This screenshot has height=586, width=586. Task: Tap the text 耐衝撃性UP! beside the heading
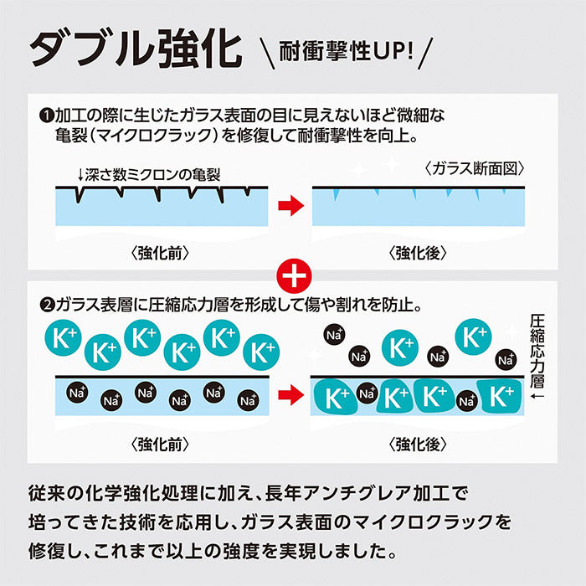pos(345,52)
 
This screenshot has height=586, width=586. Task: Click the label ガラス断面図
pos(473,168)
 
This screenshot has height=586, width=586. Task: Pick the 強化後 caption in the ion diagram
pos(419,441)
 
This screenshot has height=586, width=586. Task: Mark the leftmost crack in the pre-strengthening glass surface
pos(80,193)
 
